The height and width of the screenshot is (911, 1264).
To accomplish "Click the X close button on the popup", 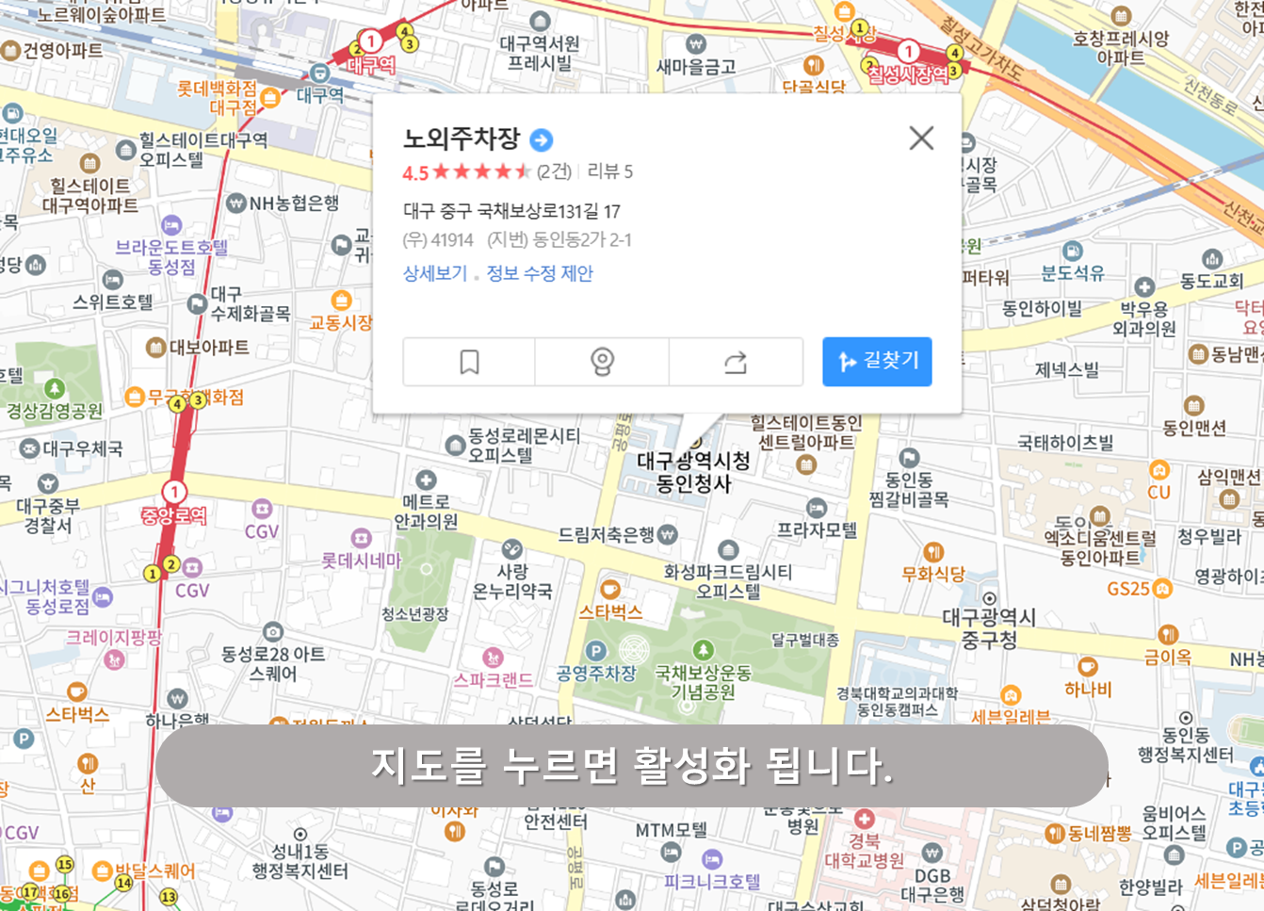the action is pyautogui.click(x=921, y=138).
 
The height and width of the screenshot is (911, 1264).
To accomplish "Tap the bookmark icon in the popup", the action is pyautogui.click(x=469, y=362).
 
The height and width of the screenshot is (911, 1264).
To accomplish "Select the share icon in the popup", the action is pyautogui.click(x=735, y=362).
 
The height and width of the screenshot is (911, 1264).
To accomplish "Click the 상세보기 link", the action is pyautogui.click(x=435, y=273).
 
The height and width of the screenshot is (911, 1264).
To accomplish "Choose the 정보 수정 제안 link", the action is pyautogui.click(x=540, y=273).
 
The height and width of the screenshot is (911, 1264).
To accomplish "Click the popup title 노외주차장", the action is pyautogui.click(x=462, y=138).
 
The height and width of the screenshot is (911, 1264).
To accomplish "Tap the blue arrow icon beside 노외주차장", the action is pyautogui.click(x=542, y=140).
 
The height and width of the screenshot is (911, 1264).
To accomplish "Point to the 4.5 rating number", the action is pyautogui.click(x=415, y=172).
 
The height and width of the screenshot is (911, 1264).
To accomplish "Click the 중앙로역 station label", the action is pyautogui.click(x=173, y=514).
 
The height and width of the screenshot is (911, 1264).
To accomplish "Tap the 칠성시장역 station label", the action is pyautogui.click(x=908, y=73).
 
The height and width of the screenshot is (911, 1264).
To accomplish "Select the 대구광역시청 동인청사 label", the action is pyautogui.click(x=693, y=472).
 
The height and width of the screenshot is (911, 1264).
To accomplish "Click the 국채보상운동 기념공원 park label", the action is pyautogui.click(x=704, y=682).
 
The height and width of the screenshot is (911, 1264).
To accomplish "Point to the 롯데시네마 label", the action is pyautogui.click(x=362, y=561).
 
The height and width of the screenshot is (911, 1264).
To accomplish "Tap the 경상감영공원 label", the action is pyautogui.click(x=55, y=411).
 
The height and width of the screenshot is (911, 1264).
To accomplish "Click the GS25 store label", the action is pyautogui.click(x=1128, y=589).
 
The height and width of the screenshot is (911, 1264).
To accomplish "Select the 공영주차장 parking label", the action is pyautogui.click(x=596, y=673).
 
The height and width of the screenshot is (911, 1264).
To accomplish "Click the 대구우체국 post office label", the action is pyautogui.click(x=83, y=448).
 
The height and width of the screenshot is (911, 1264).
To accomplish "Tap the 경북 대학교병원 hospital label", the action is pyautogui.click(x=864, y=850).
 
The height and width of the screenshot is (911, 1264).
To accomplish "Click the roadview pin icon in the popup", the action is pyautogui.click(x=602, y=362).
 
